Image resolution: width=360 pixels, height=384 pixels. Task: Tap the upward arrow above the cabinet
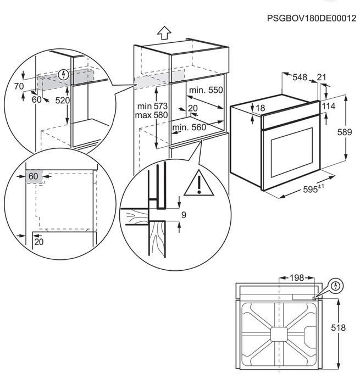tap(163, 32)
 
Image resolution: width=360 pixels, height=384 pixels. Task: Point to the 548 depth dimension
tap(299, 77)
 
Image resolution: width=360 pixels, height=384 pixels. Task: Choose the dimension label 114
tap(330, 105)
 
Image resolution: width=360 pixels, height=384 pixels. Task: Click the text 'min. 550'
tap(206, 90)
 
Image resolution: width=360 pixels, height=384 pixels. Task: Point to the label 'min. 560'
tap(189, 127)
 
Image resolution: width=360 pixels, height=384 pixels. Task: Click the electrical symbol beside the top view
tap(335, 285)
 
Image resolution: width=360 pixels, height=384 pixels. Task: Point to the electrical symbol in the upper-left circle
tap(64, 73)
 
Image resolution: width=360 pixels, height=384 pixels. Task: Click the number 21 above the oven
tap(322, 77)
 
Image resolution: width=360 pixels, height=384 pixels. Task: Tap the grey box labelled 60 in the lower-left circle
tap(34, 176)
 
